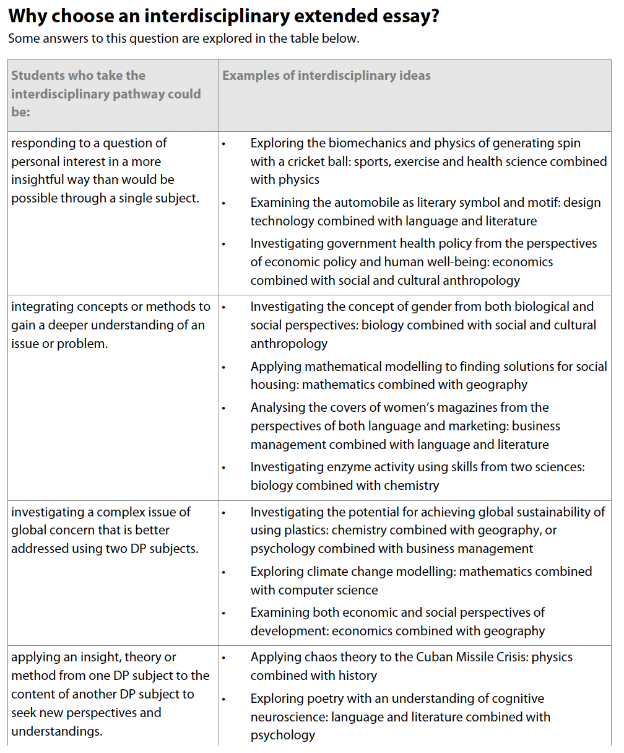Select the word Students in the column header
click(38, 76)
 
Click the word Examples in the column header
click(251, 76)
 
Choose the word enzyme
click(354, 467)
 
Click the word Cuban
click(446, 657)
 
